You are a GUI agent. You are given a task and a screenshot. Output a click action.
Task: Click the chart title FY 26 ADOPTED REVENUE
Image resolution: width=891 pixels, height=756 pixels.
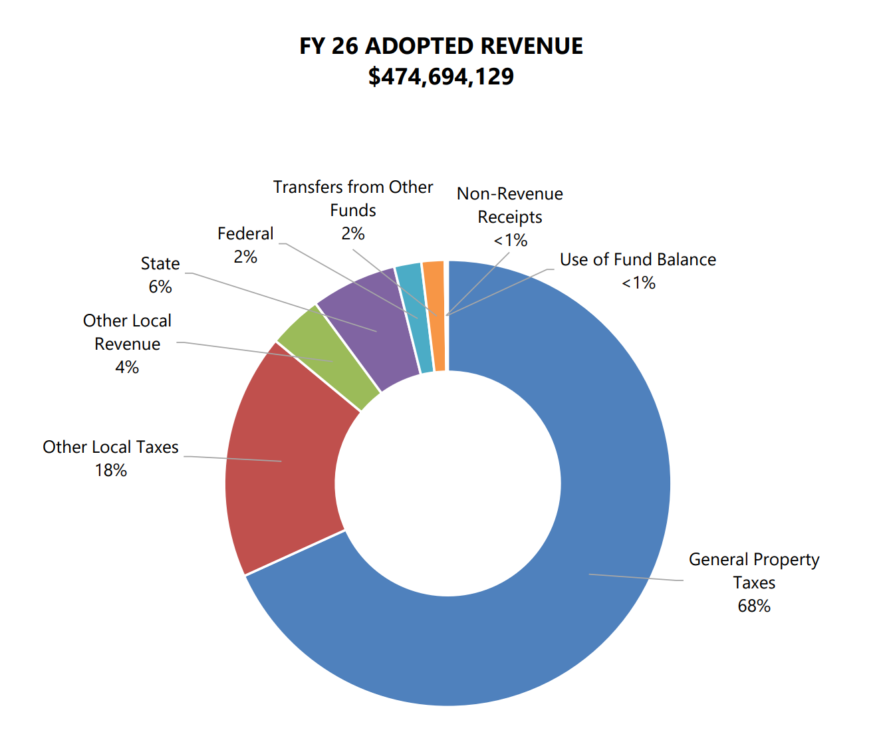point(441,46)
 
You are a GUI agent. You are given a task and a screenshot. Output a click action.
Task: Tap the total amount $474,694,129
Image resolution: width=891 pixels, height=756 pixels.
point(441,76)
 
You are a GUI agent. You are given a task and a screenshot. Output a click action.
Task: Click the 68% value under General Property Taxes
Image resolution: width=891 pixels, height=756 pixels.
point(754,606)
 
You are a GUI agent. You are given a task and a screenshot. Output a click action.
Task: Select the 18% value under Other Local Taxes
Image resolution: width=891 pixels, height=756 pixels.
point(111,470)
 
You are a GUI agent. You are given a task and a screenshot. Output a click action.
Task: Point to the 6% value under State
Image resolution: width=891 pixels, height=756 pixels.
point(160,287)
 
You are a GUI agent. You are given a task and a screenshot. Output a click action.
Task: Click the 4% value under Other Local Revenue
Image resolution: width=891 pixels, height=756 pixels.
point(127,367)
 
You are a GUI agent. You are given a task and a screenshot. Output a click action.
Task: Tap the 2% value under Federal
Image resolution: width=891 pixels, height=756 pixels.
point(245,257)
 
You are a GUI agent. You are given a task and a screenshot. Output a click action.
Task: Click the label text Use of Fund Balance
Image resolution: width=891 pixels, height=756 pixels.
point(638,259)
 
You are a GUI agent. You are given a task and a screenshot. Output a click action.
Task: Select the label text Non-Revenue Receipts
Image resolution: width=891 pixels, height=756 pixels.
point(509,205)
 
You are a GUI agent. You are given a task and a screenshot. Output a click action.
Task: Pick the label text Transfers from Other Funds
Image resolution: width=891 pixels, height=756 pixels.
point(353,198)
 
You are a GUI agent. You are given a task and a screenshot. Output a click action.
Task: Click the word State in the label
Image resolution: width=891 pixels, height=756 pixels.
point(160,263)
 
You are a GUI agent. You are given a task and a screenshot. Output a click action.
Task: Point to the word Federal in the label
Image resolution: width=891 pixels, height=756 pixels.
point(245,233)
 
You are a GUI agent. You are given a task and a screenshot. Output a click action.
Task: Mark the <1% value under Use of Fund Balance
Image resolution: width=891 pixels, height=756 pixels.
point(638,283)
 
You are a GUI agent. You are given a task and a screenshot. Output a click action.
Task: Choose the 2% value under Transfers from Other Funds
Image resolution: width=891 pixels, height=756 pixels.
point(353,233)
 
